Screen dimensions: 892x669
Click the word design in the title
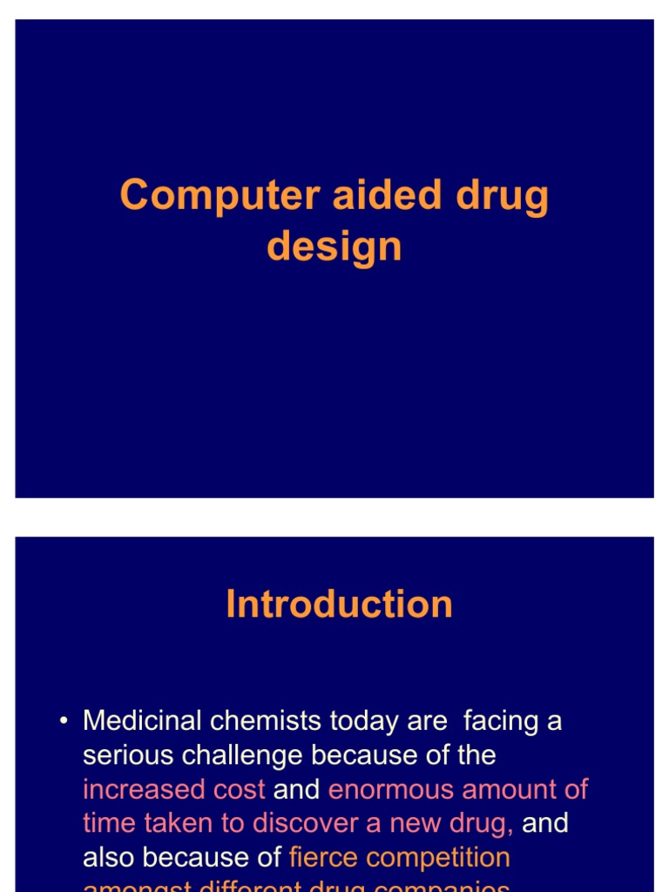pos(334,247)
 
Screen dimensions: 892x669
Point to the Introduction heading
pos(339,605)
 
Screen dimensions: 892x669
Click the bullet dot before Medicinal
pos(64,722)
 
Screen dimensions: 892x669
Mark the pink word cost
pos(240,789)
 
